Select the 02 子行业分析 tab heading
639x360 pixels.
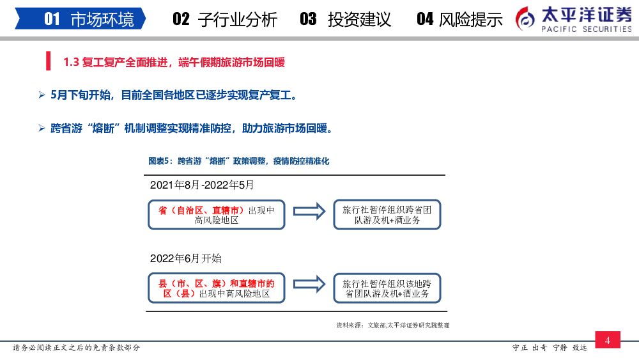coord(225,19)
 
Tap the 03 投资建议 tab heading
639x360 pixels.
coord(345,19)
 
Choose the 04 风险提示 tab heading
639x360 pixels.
coord(459,19)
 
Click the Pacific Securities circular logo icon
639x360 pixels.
coord(526,19)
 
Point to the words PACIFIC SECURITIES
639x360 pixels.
coord(586,29)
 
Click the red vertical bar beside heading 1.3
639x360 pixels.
coord(48,62)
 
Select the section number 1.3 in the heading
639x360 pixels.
coord(71,62)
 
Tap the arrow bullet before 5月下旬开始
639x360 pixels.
coord(42,95)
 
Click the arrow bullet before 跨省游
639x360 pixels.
coord(42,129)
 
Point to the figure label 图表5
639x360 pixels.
coord(160,161)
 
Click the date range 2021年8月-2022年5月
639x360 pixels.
coord(202,185)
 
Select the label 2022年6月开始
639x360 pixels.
coord(186,258)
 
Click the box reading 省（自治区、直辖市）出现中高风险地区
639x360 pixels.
coord(216,215)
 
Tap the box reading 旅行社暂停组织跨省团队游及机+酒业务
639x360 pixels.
coord(387,215)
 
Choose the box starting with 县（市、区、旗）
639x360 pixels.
coord(216,288)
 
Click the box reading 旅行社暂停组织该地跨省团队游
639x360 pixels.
coord(387,288)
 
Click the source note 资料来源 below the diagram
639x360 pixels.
coord(392,325)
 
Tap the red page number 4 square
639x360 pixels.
coord(607,341)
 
